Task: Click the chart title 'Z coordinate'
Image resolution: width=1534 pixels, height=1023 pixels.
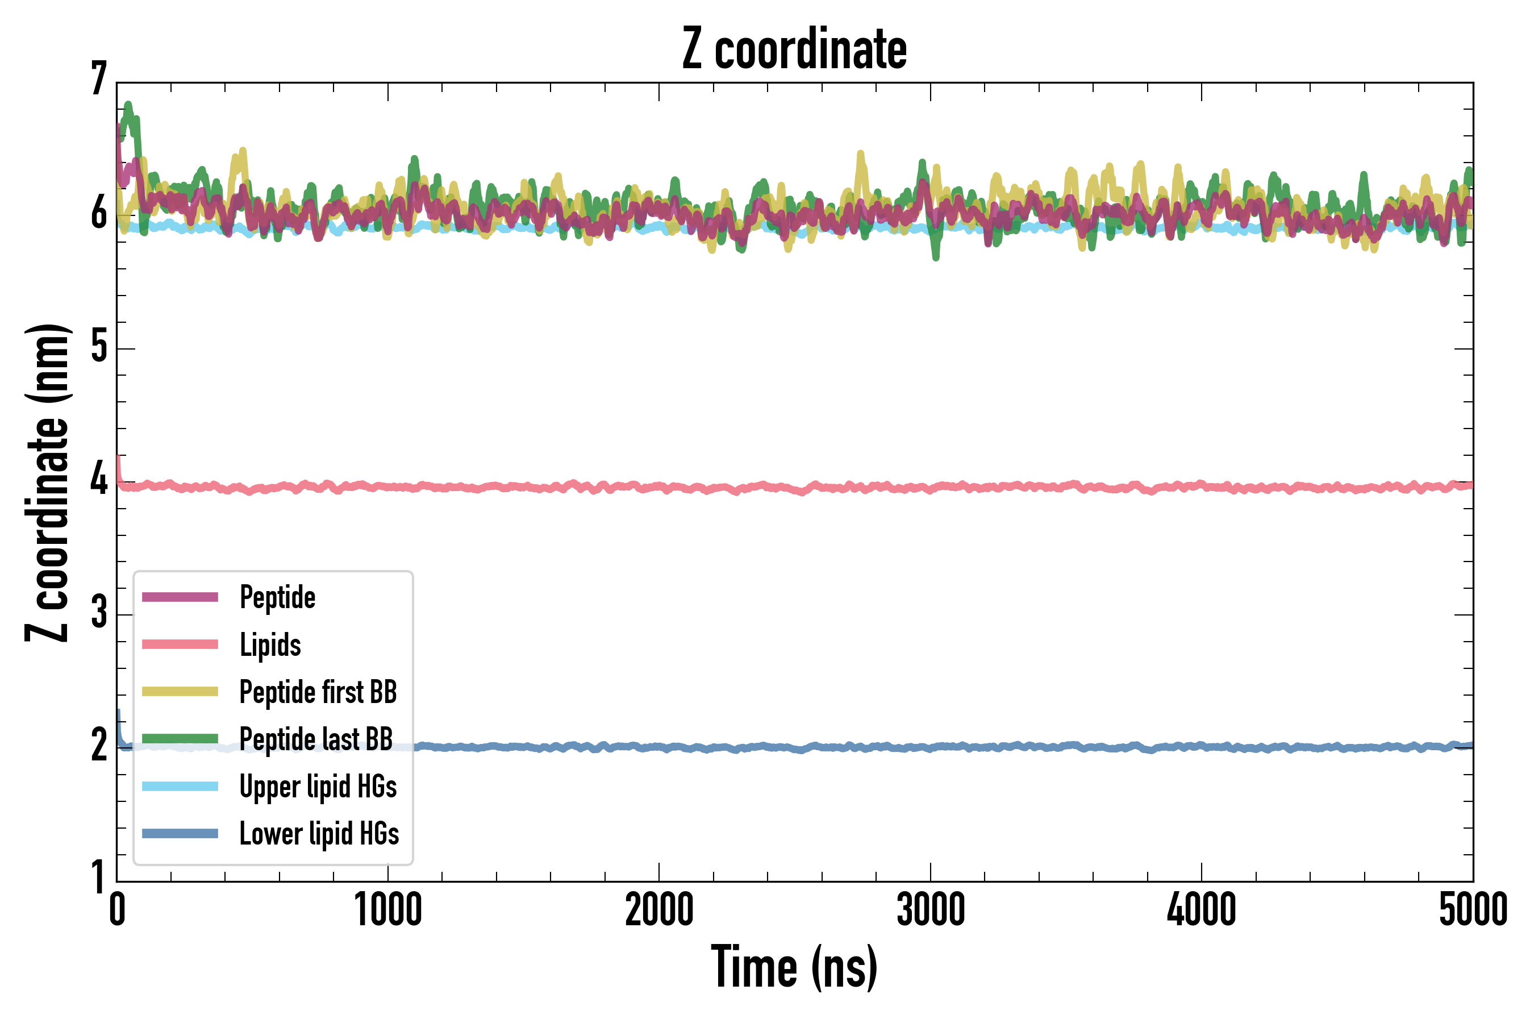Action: [x=794, y=49]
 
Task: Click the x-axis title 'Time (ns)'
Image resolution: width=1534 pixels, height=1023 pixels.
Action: [x=794, y=967]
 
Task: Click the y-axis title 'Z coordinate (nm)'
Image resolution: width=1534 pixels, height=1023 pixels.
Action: [x=47, y=482]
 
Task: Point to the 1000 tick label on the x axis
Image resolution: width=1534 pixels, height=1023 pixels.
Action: [x=388, y=910]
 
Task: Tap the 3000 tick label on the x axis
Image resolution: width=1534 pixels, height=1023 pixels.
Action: [x=930, y=910]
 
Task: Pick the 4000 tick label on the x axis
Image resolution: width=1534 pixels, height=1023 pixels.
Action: [x=1202, y=910]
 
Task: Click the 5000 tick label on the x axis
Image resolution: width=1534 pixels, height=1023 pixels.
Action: [x=1473, y=910]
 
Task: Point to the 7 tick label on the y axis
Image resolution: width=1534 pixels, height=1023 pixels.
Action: [x=99, y=80]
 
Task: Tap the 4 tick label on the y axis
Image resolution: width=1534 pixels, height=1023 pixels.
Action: [x=99, y=480]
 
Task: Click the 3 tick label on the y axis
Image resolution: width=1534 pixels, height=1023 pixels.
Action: [x=99, y=613]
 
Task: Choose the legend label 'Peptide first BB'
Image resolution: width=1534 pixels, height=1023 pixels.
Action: [x=318, y=692]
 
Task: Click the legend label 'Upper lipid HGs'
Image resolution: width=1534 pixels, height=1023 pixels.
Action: [x=318, y=787]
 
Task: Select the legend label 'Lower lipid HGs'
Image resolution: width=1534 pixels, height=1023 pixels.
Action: [x=319, y=834]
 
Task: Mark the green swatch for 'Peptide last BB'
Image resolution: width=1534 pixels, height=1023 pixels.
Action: [x=180, y=738]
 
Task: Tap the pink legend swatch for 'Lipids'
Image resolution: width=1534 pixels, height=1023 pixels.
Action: [x=180, y=644]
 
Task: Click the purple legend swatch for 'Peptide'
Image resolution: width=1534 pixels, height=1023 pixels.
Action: [x=180, y=597]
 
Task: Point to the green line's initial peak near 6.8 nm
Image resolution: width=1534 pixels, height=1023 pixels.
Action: [x=128, y=106]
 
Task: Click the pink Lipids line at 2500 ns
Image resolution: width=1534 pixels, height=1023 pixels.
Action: [x=794, y=489]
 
